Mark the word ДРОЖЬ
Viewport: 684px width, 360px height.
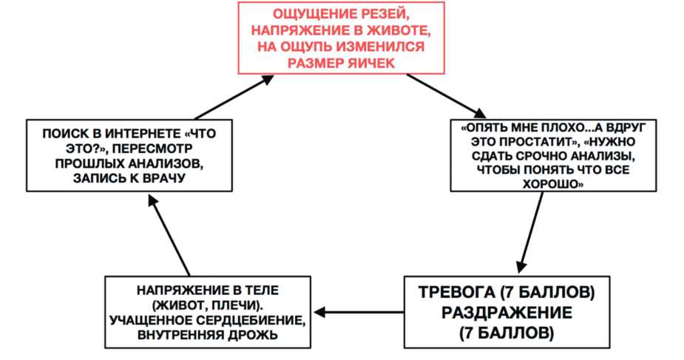pyautogui.click(x=255, y=335)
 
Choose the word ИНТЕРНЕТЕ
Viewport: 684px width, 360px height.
pyautogui.click(x=131, y=135)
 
